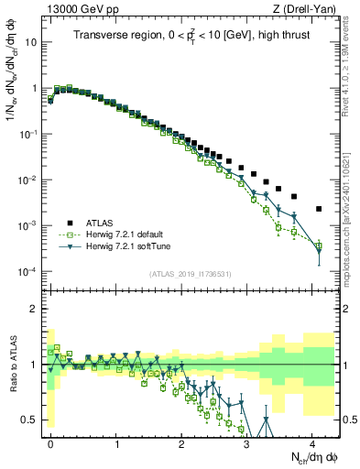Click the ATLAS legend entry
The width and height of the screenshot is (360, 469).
coord(101,223)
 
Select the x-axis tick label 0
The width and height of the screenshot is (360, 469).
coord(50,442)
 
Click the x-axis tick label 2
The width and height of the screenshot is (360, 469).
coord(181,442)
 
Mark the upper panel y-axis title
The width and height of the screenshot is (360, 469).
coord(12,92)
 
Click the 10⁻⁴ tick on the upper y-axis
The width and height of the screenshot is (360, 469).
coord(29,272)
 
